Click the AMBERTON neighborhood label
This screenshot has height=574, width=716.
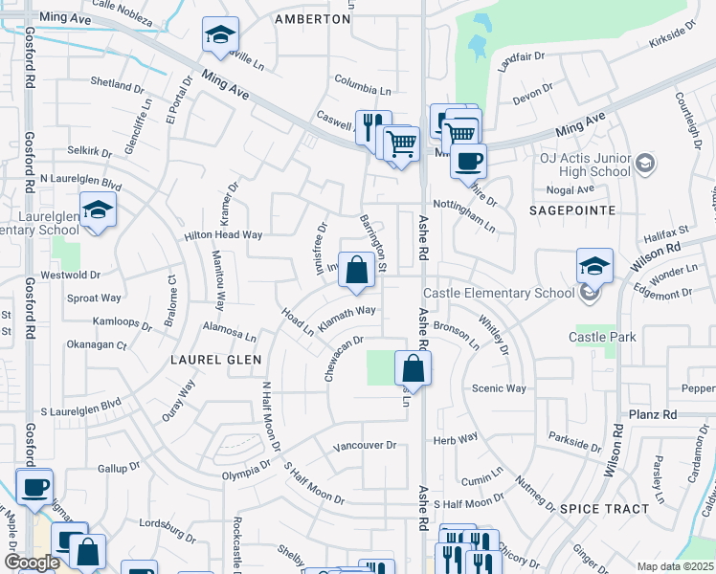tap(312, 19)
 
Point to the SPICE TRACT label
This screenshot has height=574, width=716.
tap(604, 509)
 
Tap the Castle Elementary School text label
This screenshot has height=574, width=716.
tap(506, 292)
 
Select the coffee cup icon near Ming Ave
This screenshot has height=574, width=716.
tap(467, 161)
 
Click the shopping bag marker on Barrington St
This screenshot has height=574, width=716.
tap(356, 271)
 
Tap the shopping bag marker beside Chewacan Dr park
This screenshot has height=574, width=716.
tap(412, 368)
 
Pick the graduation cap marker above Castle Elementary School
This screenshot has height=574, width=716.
tap(594, 265)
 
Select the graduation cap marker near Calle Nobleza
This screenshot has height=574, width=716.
tap(220, 36)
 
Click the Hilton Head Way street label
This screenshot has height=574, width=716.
tap(223, 234)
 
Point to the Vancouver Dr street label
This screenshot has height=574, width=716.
tap(364, 446)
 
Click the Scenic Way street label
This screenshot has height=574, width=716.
tap(499, 388)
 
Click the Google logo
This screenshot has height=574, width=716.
tap(32, 563)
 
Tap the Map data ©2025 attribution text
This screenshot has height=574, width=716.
tap(676, 566)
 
